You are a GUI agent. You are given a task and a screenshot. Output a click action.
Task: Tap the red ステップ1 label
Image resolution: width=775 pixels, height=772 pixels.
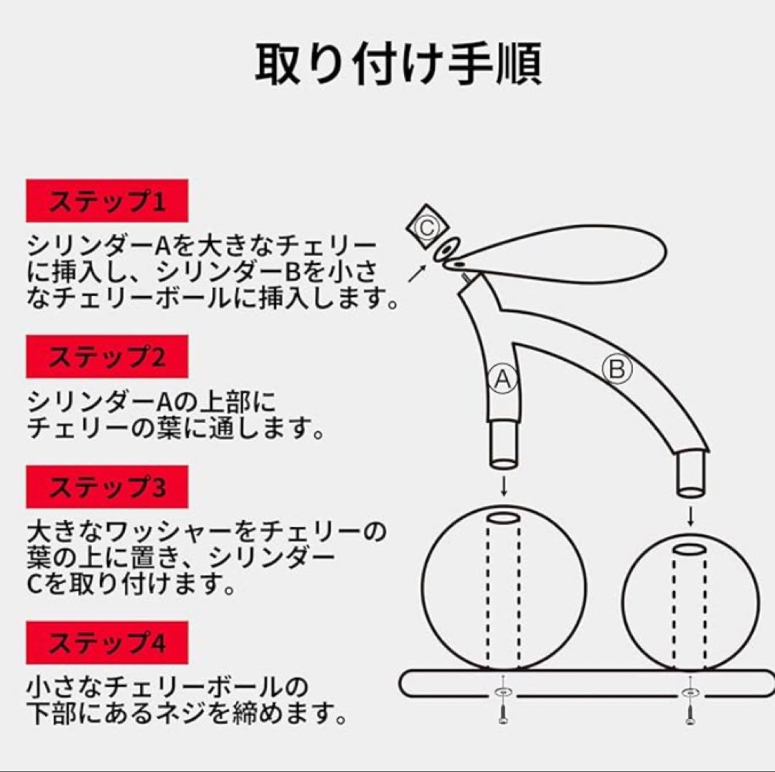pyautogui.click(x=107, y=201)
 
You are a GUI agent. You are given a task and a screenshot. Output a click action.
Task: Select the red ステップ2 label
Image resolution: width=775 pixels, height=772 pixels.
pyautogui.click(x=107, y=357)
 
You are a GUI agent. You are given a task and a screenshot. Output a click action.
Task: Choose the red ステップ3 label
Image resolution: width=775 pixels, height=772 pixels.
pyautogui.click(x=107, y=487)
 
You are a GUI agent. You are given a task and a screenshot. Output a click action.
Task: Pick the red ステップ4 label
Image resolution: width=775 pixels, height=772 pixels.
pyautogui.click(x=107, y=643)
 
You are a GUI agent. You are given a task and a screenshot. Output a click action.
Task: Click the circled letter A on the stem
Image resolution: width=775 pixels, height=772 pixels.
pyautogui.click(x=503, y=378)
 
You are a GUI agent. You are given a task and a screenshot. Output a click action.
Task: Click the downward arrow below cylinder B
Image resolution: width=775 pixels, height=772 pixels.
pyautogui.click(x=691, y=516)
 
